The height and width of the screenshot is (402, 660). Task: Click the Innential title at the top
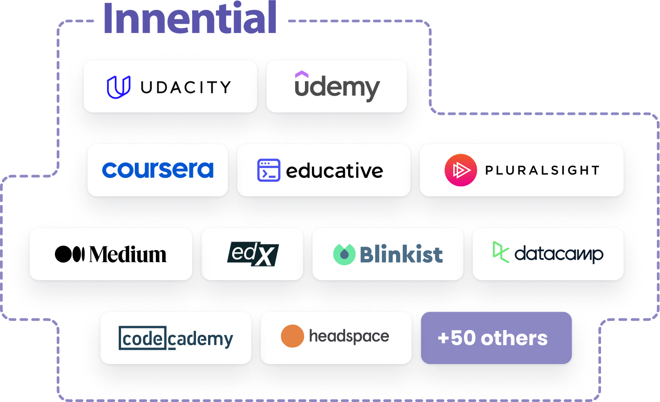[190, 19]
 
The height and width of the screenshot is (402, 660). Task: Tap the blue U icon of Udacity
[118, 87]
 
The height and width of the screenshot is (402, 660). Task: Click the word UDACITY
[186, 88]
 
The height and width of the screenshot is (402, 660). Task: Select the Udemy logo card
[337, 86]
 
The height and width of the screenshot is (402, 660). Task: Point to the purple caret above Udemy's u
[302, 74]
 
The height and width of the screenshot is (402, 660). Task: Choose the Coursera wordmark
[158, 170]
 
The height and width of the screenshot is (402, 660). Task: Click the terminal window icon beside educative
[269, 170]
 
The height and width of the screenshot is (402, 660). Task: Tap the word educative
[334, 171]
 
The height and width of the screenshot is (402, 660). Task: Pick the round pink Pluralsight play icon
[461, 170]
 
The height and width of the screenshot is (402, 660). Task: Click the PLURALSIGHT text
[542, 170]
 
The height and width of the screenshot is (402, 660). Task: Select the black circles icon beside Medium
[70, 254]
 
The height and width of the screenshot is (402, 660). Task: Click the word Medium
[128, 255]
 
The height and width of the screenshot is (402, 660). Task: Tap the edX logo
[253, 254]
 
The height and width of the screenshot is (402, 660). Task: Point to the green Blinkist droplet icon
[344, 254]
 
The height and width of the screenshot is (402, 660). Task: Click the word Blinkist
[401, 255]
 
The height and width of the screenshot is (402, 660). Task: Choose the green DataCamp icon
[501, 252]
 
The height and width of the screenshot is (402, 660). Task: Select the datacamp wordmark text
[559, 254]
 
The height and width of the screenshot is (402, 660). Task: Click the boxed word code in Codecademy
[142, 338]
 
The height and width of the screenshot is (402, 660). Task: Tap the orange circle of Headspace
[292, 336]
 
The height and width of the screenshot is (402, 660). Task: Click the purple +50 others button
[496, 338]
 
